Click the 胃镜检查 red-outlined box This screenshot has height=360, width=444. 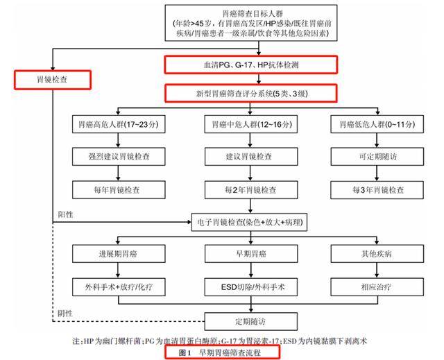(x=53, y=80)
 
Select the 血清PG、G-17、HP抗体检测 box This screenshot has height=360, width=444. (x=251, y=65)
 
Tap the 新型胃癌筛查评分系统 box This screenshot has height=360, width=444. (x=251, y=94)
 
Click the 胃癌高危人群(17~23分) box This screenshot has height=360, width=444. (x=119, y=124)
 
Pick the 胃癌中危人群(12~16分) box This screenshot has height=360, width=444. (x=251, y=124)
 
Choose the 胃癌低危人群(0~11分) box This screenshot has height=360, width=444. (x=377, y=124)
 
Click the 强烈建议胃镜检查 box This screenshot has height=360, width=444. (x=119, y=157)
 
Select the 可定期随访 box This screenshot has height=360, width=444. (x=377, y=157)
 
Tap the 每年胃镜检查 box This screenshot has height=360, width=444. (x=119, y=189)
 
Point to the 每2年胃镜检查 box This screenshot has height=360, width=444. (x=251, y=189)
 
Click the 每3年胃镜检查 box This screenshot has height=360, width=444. (x=377, y=189)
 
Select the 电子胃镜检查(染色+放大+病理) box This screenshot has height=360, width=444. (x=250, y=222)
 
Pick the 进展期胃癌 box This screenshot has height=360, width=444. (x=119, y=254)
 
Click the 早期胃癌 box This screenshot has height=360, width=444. (x=251, y=254)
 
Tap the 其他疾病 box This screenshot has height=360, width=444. (x=377, y=254)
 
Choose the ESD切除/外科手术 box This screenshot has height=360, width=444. (x=251, y=287)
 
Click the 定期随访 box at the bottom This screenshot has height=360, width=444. (x=251, y=322)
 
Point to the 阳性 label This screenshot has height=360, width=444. (x=65, y=214)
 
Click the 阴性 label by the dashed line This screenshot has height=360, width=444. (x=65, y=314)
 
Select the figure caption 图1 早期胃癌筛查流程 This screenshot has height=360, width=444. (x=222, y=352)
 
